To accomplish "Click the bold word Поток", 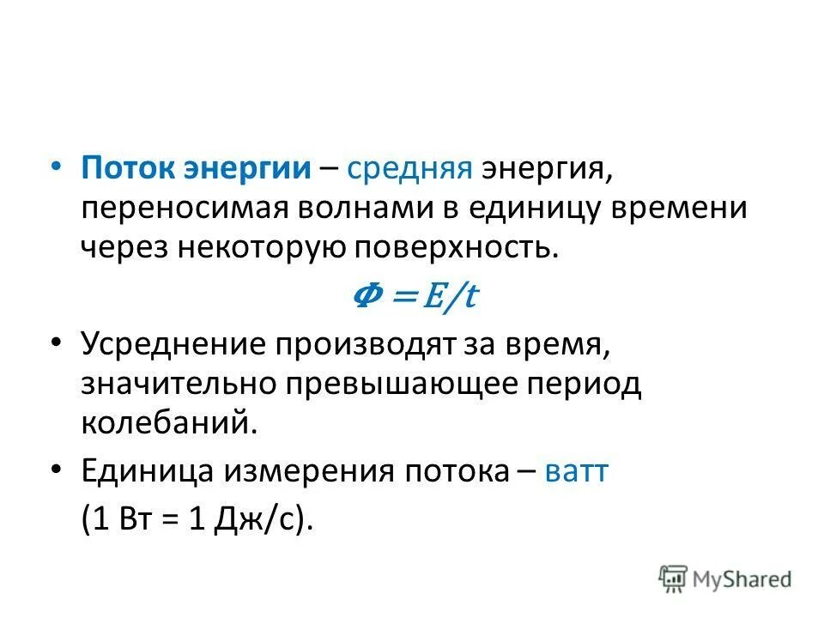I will [x=127, y=167].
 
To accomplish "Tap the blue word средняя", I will [x=409, y=169].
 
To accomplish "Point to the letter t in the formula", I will [x=470, y=297].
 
